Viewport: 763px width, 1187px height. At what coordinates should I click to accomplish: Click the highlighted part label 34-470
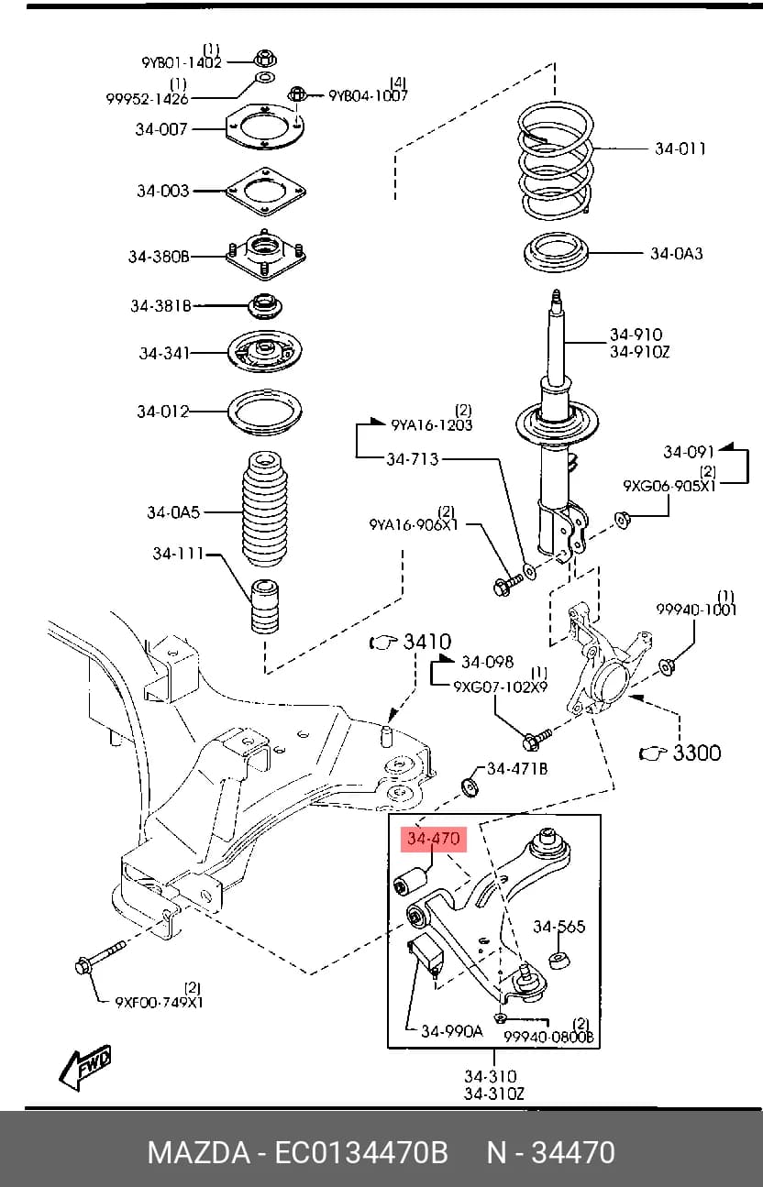tap(434, 839)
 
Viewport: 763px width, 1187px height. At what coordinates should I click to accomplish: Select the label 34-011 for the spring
tap(680, 148)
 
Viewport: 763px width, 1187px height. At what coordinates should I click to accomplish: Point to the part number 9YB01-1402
tap(182, 62)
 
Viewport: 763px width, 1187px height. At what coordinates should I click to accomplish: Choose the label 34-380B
tap(159, 257)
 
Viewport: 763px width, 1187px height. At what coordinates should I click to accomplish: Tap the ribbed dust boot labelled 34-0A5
tap(265, 510)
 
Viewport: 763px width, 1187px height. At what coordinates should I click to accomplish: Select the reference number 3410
tap(426, 642)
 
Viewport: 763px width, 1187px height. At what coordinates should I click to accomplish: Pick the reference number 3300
tap(697, 752)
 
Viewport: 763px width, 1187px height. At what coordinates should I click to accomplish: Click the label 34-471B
tap(517, 768)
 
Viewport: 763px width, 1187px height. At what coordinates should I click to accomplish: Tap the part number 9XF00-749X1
tap(159, 1002)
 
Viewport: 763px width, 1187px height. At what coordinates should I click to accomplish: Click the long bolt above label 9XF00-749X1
tap(101, 958)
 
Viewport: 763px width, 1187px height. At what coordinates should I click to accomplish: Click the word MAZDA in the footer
tap(199, 1152)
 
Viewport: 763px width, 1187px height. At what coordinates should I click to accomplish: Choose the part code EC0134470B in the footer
tap(361, 1152)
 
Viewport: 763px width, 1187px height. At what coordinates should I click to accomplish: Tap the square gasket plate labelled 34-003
tap(266, 192)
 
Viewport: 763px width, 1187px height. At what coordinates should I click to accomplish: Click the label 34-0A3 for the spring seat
tap(677, 253)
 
